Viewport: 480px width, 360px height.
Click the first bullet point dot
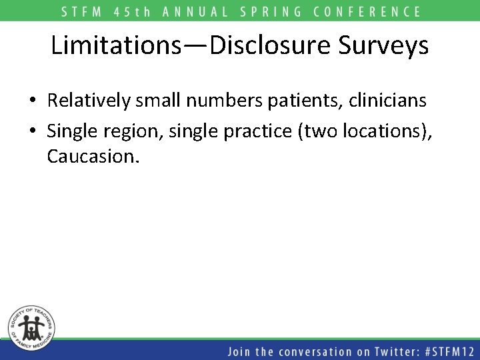coord(33,101)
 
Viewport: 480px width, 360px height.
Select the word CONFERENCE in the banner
coord(371,11)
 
